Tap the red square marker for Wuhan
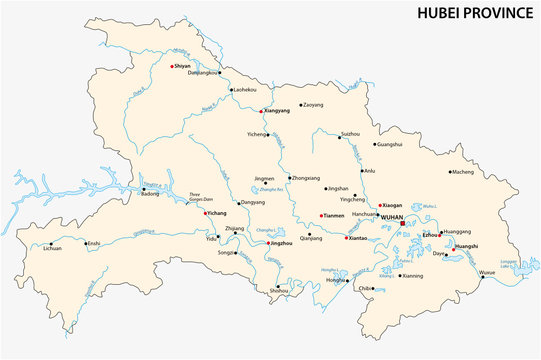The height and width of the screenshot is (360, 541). click(403, 224)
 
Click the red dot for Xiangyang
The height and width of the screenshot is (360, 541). click(262, 110)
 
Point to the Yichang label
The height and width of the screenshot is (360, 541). click(216, 214)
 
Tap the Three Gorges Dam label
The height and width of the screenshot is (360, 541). click(202, 197)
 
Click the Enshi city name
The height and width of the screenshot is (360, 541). click(94, 243)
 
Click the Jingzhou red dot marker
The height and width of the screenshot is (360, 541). click(268, 243)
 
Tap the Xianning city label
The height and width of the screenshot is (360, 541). click(411, 276)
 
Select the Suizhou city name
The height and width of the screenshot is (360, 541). click(350, 133)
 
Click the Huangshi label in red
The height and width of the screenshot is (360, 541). click(466, 245)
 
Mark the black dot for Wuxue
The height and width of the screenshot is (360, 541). click(481, 279)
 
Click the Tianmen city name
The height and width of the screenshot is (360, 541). click(334, 216)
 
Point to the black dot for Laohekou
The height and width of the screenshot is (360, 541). click(231, 91)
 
